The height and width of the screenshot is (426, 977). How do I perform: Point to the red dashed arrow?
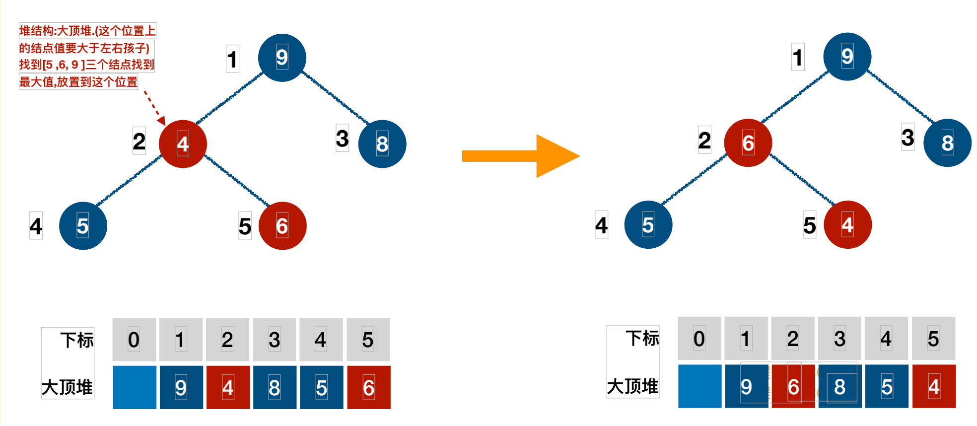click(x=154, y=107)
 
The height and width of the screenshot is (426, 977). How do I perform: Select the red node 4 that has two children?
click(x=183, y=144)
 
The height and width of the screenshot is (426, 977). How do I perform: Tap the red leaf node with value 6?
click(x=282, y=226)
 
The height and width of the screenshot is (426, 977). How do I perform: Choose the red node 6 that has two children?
click(x=748, y=143)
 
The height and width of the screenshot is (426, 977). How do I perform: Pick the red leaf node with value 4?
click(x=847, y=224)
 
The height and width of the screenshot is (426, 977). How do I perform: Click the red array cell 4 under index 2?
click(x=228, y=387)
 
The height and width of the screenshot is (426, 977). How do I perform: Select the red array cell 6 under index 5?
click(x=368, y=387)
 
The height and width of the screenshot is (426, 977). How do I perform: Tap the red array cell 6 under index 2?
click(x=793, y=386)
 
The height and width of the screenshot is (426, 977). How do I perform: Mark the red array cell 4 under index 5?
click(x=934, y=386)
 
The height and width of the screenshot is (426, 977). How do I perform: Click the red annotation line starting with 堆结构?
click(x=87, y=31)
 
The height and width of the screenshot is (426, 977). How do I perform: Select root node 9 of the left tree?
click(x=282, y=58)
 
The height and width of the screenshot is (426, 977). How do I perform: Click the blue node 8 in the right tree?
click(x=947, y=143)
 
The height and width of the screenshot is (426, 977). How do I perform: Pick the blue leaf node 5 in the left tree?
click(x=83, y=226)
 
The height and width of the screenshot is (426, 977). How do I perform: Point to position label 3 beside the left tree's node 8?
click(x=342, y=138)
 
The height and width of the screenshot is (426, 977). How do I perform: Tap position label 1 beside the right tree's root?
click(x=798, y=57)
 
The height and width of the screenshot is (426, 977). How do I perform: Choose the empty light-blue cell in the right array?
click(x=699, y=386)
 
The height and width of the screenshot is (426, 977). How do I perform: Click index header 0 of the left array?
click(x=134, y=340)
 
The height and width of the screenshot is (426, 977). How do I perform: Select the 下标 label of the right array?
click(x=642, y=338)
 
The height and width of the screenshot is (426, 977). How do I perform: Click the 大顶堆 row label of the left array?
click(x=68, y=387)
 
